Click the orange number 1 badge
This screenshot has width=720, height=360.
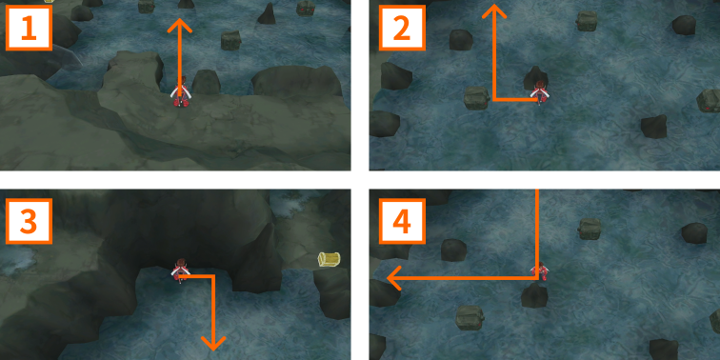[28, 27]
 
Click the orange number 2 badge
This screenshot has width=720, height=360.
[402, 27]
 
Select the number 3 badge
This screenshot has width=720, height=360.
[28, 221]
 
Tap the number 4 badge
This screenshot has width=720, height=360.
[402, 221]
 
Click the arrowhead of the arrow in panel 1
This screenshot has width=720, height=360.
[179, 26]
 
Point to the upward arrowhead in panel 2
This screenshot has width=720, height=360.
[493, 11]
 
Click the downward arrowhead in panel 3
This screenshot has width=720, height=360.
[213, 343]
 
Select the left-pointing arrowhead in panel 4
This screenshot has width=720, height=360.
[394, 278]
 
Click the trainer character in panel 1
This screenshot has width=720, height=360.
[180, 92]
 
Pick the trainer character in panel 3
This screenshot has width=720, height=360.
[180, 270]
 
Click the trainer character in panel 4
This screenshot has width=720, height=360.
[540, 270]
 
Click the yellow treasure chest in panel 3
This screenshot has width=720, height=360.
[330, 259]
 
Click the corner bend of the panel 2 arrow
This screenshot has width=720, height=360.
[493, 99]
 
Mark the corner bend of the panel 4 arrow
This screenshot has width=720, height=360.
[536, 278]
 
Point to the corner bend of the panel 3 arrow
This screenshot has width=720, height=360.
[213, 276]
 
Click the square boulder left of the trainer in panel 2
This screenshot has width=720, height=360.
[476, 98]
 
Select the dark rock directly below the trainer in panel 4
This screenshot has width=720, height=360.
[534, 295]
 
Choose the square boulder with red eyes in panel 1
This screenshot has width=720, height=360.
[306, 8]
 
